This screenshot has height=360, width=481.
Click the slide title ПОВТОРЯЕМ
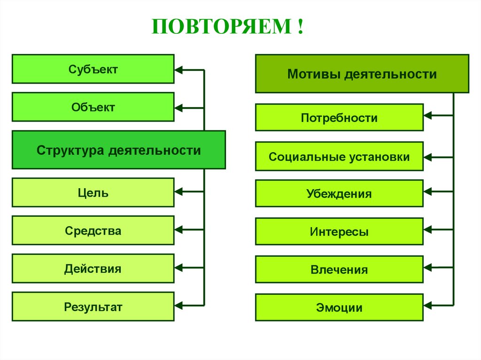click(227, 26)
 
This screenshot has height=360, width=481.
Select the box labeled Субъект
click(93, 69)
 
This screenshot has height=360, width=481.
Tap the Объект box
click(93, 107)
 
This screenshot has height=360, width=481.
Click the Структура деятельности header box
click(118, 150)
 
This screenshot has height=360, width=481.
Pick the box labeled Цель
click(93, 192)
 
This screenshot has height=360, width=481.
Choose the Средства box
click(93, 230)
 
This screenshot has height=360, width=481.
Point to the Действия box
click(93, 269)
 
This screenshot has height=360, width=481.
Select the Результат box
click(93, 307)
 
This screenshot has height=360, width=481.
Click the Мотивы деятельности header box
click(362, 74)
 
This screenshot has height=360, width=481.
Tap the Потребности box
click(339, 117)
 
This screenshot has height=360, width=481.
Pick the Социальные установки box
click(339, 156)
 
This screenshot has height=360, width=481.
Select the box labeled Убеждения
click(339, 193)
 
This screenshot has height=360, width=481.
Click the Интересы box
click(339, 231)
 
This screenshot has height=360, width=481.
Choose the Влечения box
click(339, 270)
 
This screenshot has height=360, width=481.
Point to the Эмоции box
click(339, 307)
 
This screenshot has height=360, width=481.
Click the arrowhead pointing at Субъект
click(179, 70)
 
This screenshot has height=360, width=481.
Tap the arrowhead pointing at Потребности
click(428, 115)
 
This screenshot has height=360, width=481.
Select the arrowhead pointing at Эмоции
click(428, 305)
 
